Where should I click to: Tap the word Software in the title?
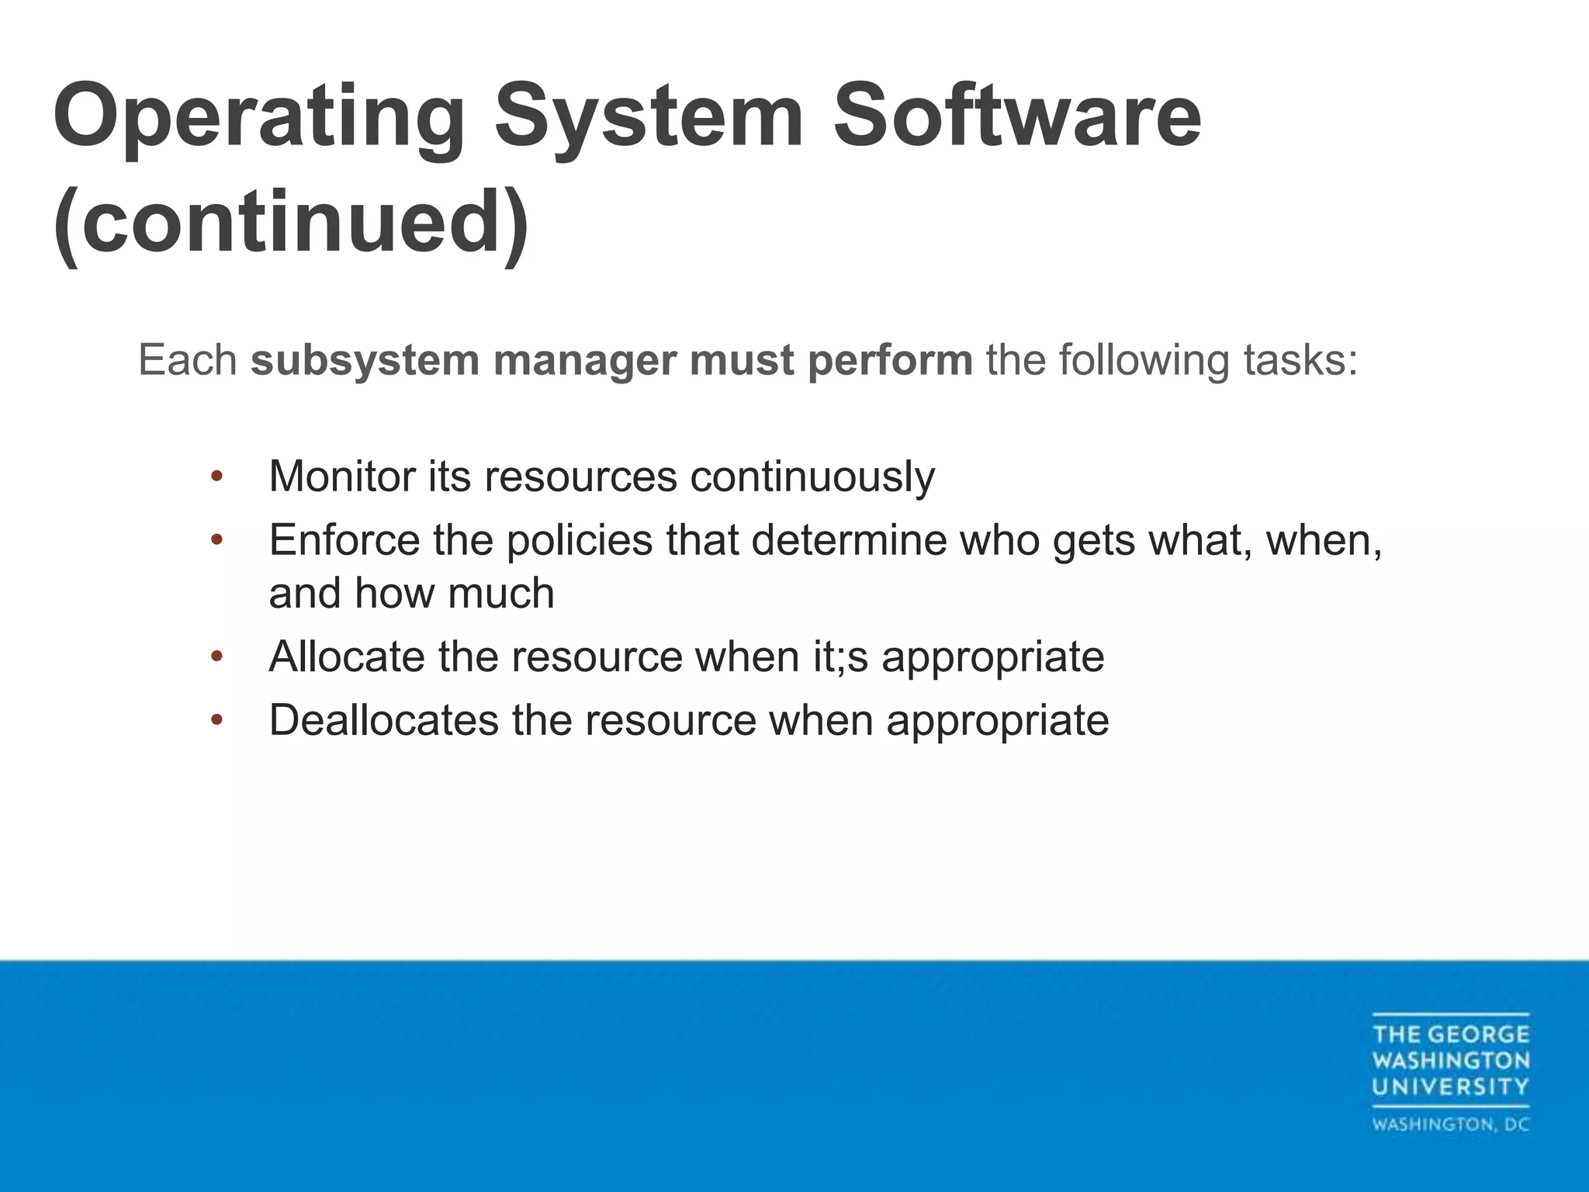[1016, 116]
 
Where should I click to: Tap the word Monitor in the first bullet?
[341, 476]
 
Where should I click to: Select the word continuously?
[812, 477]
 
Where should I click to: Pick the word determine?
[849, 539]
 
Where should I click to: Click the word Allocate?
[347, 657]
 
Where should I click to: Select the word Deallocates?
[383, 720]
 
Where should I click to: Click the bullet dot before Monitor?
[216, 476]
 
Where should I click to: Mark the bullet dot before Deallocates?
[216, 720]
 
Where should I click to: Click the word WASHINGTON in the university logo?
[1450, 1060]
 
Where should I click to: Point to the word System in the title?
[649, 116]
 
